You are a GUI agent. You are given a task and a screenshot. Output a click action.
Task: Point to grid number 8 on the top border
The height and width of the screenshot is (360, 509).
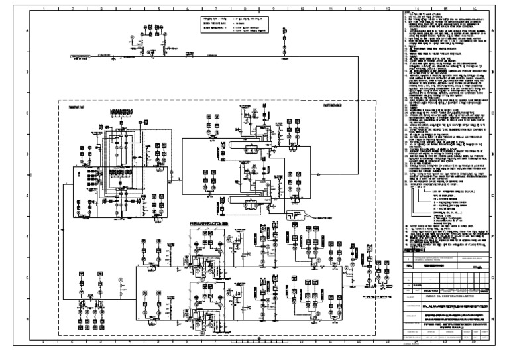coord(244,9)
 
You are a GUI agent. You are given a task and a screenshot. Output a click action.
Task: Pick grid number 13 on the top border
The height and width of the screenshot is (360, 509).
coord(387,9)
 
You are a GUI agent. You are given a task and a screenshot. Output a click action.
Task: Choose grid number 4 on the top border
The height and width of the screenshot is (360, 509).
coord(130,9)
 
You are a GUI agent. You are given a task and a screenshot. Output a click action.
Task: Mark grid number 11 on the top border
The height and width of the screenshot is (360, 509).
coord(330,9)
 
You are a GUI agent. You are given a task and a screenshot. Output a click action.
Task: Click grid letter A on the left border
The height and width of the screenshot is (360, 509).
coord(27,31)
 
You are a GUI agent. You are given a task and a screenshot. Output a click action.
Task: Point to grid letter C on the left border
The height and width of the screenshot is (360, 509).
coord(27,113)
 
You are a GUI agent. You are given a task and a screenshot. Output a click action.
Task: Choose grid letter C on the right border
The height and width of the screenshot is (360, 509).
coord(493,113)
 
